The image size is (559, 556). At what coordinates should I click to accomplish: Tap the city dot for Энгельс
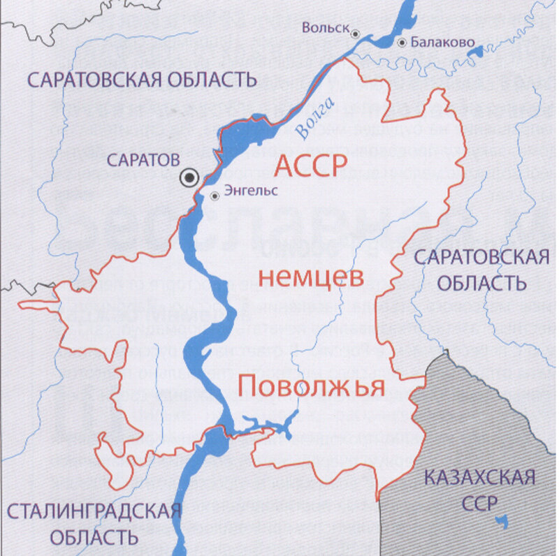(x=215, y=196)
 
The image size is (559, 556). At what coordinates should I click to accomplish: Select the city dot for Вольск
(x=356, y=33)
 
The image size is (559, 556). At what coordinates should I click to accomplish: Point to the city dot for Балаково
(x=402, y=42)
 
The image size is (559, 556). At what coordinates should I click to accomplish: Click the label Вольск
(x=325, y=27)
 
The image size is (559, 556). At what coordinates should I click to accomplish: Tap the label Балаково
(x=438, y=42)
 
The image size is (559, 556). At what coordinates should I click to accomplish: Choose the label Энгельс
(x=249, y=190)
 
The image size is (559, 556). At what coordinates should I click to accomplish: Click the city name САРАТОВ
(x=143, y=160)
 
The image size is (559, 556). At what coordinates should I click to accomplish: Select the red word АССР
(x=310, y=166)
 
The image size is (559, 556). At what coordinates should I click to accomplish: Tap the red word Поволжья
(x=311, y=385)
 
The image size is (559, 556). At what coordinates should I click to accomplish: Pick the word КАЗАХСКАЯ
(x=480, y=478)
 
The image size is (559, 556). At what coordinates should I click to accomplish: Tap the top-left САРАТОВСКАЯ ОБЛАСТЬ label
(x=143, y=79)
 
